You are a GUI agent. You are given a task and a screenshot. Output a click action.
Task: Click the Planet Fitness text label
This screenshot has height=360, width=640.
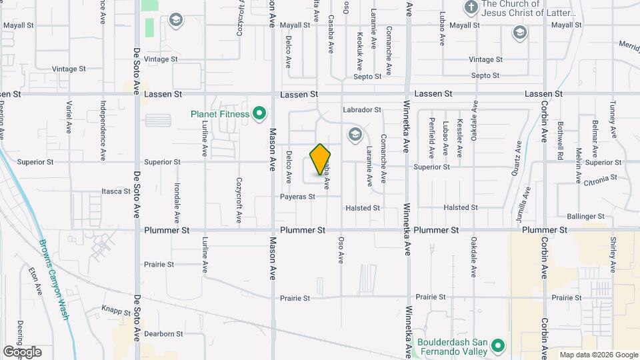[220, 114]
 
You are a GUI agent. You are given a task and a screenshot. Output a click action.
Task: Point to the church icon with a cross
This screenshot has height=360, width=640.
[471, 7]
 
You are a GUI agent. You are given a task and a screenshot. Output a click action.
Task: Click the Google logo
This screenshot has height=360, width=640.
[22, 352]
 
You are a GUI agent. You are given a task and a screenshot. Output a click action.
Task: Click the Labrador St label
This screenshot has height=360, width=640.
[361, 110]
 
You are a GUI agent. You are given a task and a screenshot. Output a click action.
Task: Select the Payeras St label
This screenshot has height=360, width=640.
[297, 197]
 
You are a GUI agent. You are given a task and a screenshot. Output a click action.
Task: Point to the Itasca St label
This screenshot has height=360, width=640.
[116, 191]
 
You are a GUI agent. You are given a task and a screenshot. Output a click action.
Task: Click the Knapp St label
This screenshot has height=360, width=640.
[115, 310]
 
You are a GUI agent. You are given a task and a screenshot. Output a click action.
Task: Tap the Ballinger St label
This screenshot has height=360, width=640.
[585, 217]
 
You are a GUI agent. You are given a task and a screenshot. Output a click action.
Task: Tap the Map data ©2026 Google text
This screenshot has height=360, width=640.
[598, 355]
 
